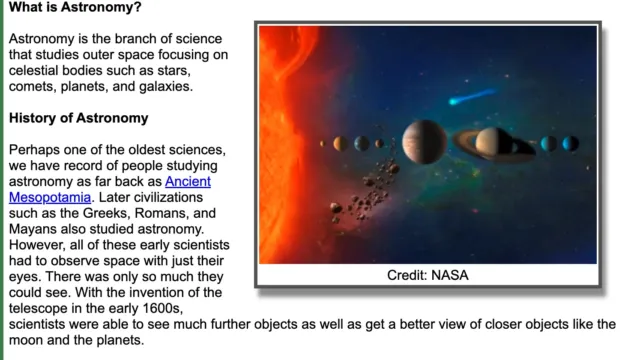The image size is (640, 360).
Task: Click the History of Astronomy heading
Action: (78, 118)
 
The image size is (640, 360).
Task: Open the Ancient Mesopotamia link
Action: (187, 182)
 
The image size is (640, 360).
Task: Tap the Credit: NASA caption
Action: (427, 274)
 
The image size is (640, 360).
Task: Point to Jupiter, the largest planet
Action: (424, 142)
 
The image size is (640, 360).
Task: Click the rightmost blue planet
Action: (571, 143)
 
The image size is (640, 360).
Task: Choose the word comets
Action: (33, 87)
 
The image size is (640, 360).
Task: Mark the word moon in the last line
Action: (28, 340)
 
